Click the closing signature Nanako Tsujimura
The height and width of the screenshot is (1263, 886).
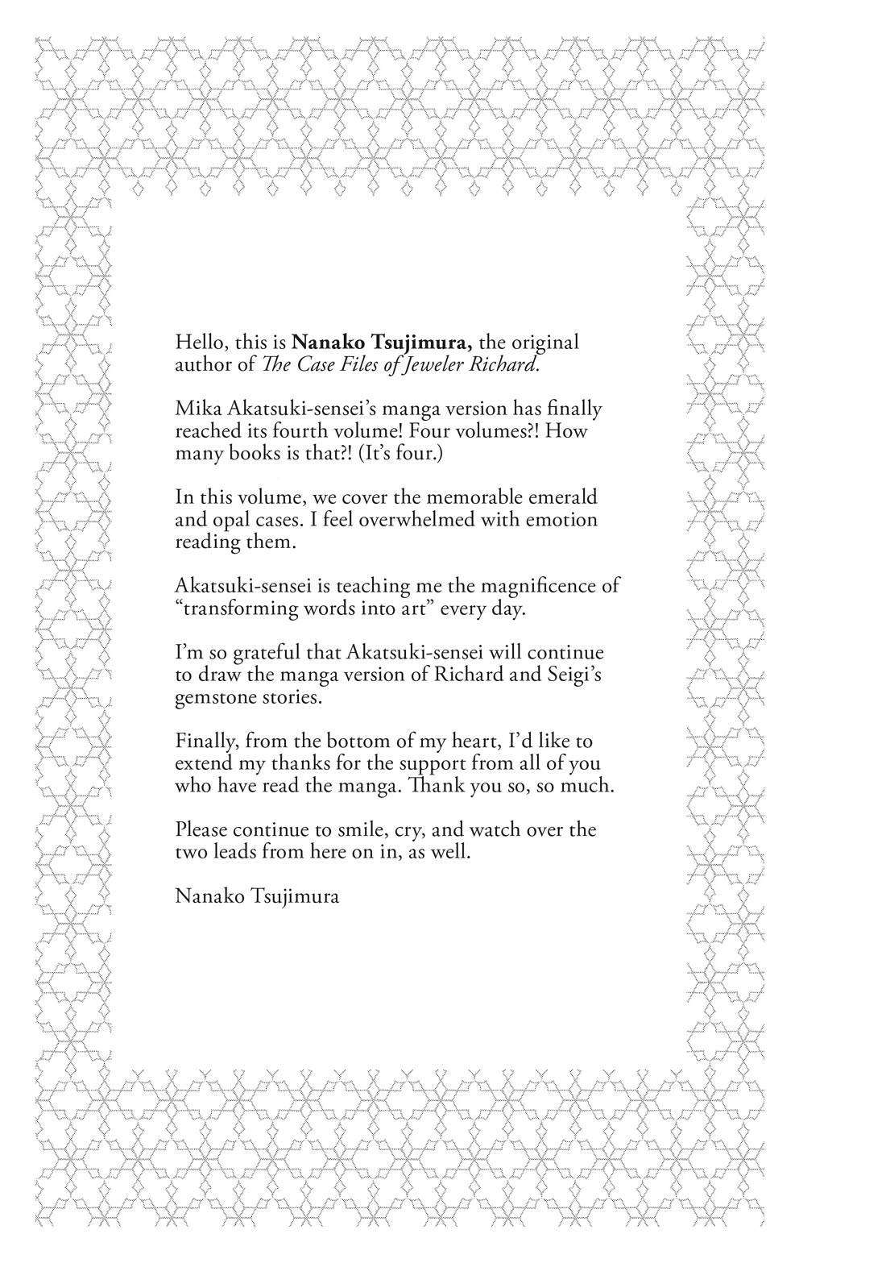(256, 896)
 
